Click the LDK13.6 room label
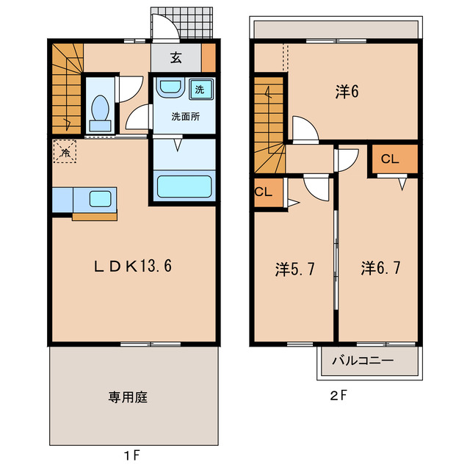(x=134, y=267)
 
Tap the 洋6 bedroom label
(x=347, y=92)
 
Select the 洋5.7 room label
(x=295, y=270)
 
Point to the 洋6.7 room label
(x=380, y=270)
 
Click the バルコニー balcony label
(x=362, y=361)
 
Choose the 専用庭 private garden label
(x=129, y=397)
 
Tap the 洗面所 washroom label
(x=185, y=116)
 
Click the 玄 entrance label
(x=176, y=59)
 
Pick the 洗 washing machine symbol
(x=199, y=90)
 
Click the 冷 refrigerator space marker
(x=65, y=153)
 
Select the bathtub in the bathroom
(x=184, y=186)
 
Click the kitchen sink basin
(x=98, y=198)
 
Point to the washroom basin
(x=170, y=88)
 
